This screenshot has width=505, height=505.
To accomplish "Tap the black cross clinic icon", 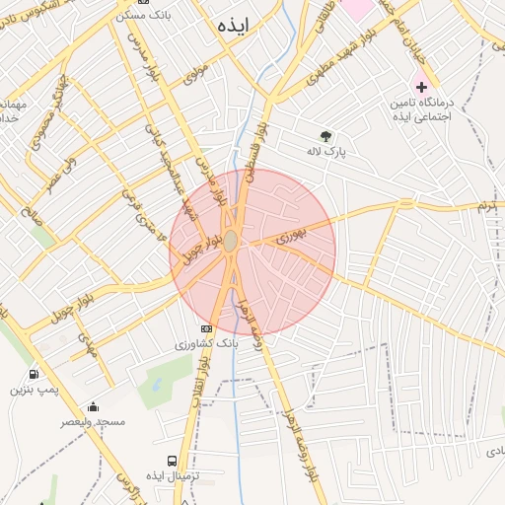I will pyautogui.click(x=422, y=87).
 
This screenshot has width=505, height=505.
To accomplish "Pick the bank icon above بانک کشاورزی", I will pyautogui.click(x=206, y=328).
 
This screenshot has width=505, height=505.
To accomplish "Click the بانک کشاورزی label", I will pyautogui.click(x=206, y=344).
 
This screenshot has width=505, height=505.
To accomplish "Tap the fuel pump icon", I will pyautogui.click(x=35, y=375).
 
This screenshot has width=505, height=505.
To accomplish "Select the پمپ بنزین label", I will pyautogui.click(x=36, y=391).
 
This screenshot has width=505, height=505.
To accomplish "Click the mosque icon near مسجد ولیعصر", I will pyautogui.click(x=94, y=406).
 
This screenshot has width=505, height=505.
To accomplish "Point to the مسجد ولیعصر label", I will pyautogui.click(x=94, y=422).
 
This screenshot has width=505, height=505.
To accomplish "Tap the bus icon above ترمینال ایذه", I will pyautogui.click(x=174, y=461).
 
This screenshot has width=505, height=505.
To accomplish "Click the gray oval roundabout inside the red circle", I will pyautogui.click(x=230, y=242).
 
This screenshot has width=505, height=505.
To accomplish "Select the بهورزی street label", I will pyautogui.click(x=292, y=235).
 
